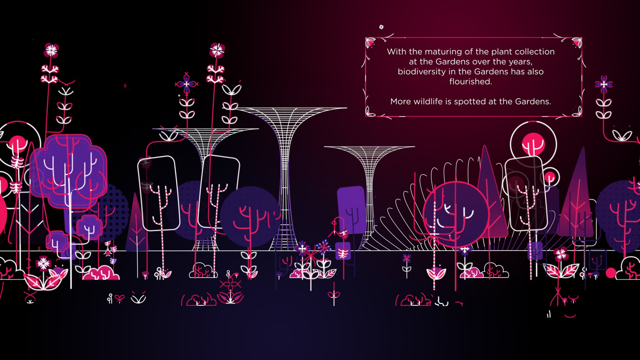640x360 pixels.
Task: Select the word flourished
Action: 471,82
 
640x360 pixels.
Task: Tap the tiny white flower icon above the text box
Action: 381,27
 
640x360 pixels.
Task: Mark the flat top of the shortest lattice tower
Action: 369,147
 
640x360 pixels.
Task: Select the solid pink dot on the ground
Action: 611,273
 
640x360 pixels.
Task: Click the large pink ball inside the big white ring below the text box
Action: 533,144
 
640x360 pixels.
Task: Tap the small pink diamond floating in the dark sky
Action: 125,86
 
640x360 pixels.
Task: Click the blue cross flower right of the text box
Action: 604,85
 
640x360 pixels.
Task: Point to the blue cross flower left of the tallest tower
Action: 186,84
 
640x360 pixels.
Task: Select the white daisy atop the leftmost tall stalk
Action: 51,50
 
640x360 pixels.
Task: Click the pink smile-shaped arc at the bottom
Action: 570,316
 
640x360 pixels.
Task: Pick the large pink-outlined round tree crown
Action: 455,213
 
